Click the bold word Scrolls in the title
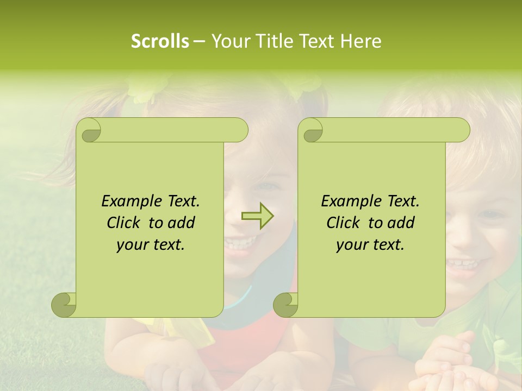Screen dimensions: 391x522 160,41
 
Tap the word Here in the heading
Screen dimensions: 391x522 361,41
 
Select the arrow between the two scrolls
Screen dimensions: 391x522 258,216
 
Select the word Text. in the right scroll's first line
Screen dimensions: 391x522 403,201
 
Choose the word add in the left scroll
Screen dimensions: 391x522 182,223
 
